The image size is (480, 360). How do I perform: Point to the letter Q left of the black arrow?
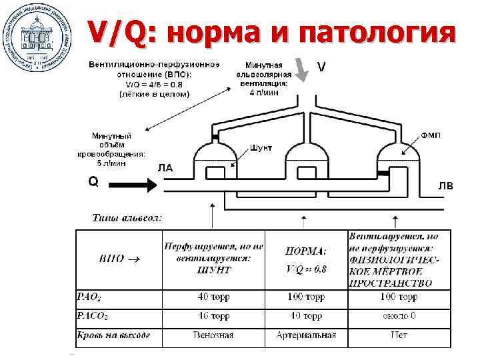pyautogui.click(x=93, y=181)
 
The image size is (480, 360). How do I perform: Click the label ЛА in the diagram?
pyautogui.click(x=165, y=168)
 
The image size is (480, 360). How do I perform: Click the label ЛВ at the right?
pyautogui.click(x=445, y=185)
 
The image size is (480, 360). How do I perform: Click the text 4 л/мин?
pyautogui.click(x=266, y=93)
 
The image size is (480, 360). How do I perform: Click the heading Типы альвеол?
pyautogui.click(x=126, y=217)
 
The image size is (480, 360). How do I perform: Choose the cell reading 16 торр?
pyautogui.click(x=213, y=316)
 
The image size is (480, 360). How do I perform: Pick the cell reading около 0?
pyautogui.click(x=399, y=316)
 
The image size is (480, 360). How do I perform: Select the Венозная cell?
pyautogui.click(x=213, y=335)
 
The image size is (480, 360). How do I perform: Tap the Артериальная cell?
pyautogui.click(x=306, y=335)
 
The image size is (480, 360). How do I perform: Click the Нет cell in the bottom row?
pyautogui.click(x=399, y=335)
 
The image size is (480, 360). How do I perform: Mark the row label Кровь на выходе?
pyautogui.click(x=114, y=335)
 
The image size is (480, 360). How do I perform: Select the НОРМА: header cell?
pyautogui.click(x=306, y=251)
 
